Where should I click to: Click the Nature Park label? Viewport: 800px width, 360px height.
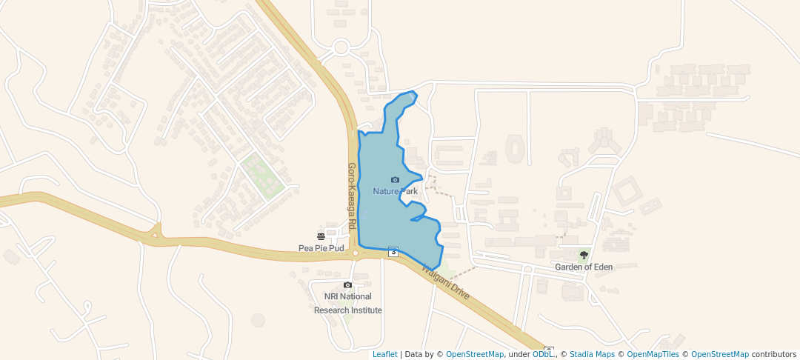[x=395, y=191]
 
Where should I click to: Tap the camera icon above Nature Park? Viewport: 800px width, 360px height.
[x=395, y=180]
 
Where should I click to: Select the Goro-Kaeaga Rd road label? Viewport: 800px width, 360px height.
[x=353, y=196]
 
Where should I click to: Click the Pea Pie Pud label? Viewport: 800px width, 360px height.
[x=321, y=248]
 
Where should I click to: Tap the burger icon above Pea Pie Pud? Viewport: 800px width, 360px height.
[x=321, y=237]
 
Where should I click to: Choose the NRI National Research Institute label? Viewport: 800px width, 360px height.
[x=348, y=304]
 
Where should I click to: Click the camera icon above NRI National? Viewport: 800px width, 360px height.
[x=347, y=285]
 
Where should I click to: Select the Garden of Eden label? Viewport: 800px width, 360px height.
[x=584, y=267]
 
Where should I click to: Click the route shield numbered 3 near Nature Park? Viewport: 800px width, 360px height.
[x=393, y=252]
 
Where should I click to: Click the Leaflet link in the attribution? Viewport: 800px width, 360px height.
[x=384, y=354]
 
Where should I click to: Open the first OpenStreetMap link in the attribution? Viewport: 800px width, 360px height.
[x=475, y=354]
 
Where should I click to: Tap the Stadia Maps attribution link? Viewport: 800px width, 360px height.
[x=593, y=354]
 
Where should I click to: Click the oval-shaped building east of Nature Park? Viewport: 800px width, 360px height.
[x=514, y=149]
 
